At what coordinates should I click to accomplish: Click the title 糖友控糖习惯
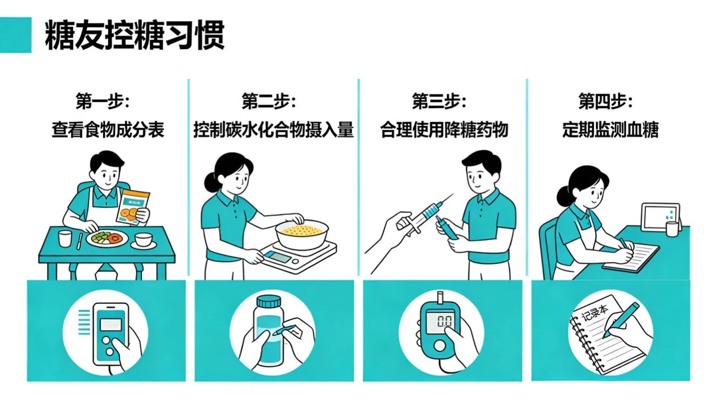coord(134,35)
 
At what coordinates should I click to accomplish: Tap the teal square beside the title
coord(16,35)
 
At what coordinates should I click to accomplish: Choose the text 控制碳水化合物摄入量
coord(274,129)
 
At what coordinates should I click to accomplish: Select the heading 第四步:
coord(605,102)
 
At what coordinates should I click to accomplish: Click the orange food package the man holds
coord(134,207)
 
